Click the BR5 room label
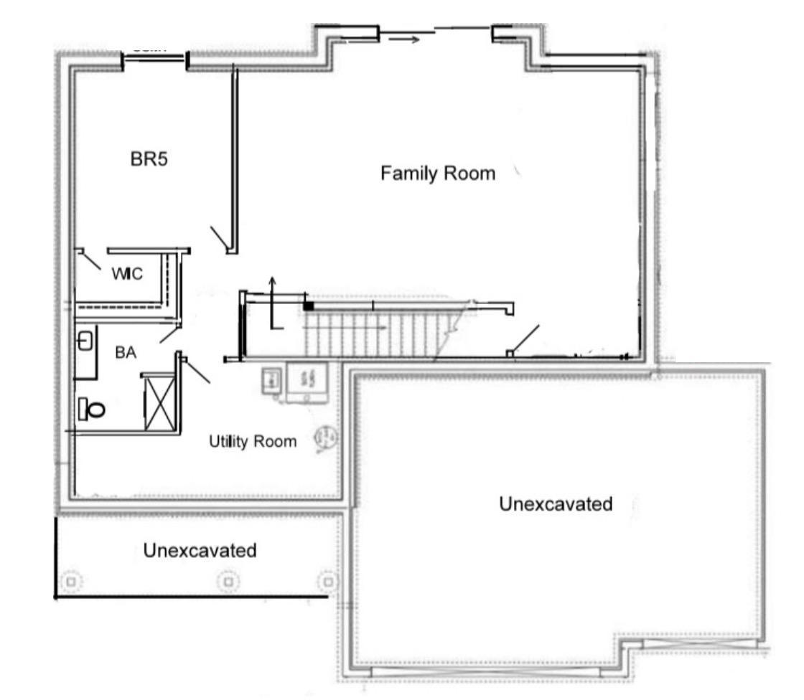coord(149,159)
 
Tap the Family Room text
coord(437,174)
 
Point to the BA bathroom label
coord(126,353)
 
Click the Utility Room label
coord(252,442)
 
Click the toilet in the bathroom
coord(91,409)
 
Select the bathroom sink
coord(84,341)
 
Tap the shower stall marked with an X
coord(159,403)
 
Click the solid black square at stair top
coord(308,306)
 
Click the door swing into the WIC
coord(90,260)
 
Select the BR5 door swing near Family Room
coord(220,239)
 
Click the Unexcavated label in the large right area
coord(556,504)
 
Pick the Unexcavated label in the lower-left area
coord(200,551)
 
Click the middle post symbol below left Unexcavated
coord(228,581)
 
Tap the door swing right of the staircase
coord(525,339)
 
